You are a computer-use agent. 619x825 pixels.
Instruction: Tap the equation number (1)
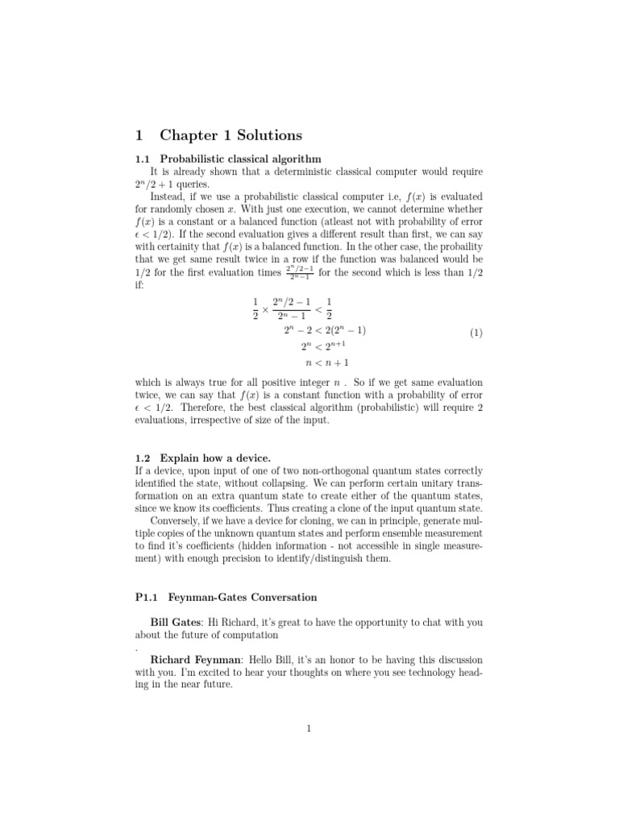(x=476, y=332)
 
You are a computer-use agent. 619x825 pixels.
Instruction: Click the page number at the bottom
(x=309, y=730)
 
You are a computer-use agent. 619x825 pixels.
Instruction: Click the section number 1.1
(x=143, y=159)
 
